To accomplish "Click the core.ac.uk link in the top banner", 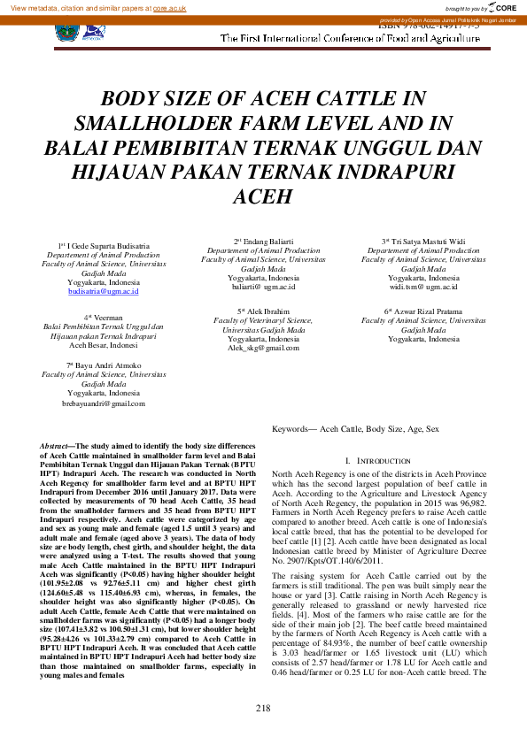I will coord(169,8).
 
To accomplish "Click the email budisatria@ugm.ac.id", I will coord(104,290).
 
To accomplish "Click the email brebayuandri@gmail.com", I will coord(103,403).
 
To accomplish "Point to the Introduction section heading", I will coord(383,461).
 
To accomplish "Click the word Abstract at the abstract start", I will coord(58,445).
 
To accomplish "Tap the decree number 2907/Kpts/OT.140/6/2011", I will coord(315,535).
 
